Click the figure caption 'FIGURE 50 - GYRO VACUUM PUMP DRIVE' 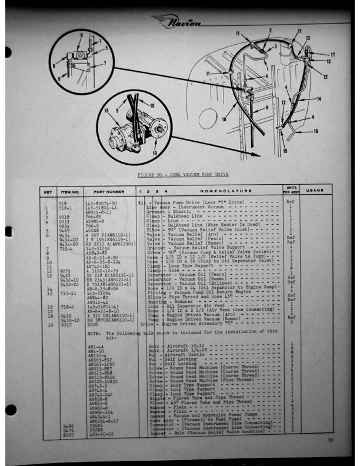tap(183, 175)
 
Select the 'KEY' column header tap(46, 191)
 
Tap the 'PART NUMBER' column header tap(105, 191)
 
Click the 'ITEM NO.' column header tap(70, 191)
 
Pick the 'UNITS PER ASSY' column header tap(290, 191)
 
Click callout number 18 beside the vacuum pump tap(106, 110)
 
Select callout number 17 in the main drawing tap(332, 55)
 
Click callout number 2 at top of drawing tap(270, 30)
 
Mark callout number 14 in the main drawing tap(319, 98)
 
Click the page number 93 tap(332, 440)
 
